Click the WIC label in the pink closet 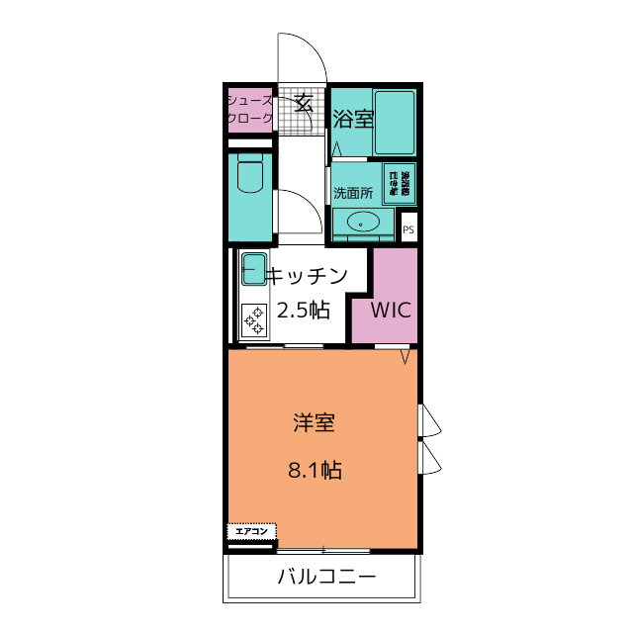coord(391,308)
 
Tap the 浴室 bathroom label coord(352,119)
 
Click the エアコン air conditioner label coord(250,532)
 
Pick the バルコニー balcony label coord(325,577)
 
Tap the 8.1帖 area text coord(315,471)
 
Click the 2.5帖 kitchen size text coord(303,310)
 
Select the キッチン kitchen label coord(309,276)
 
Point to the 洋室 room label coord(315,423)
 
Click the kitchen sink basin coord(254,269)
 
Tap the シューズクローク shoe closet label coord(250,109)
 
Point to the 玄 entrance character coord(303,101)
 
